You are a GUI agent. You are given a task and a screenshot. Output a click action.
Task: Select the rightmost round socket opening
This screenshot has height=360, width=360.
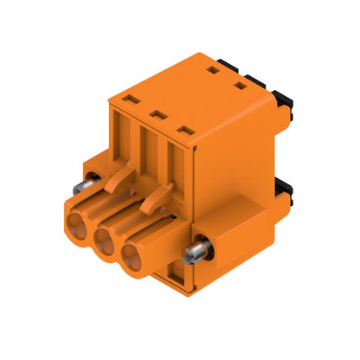click(132, 257)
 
